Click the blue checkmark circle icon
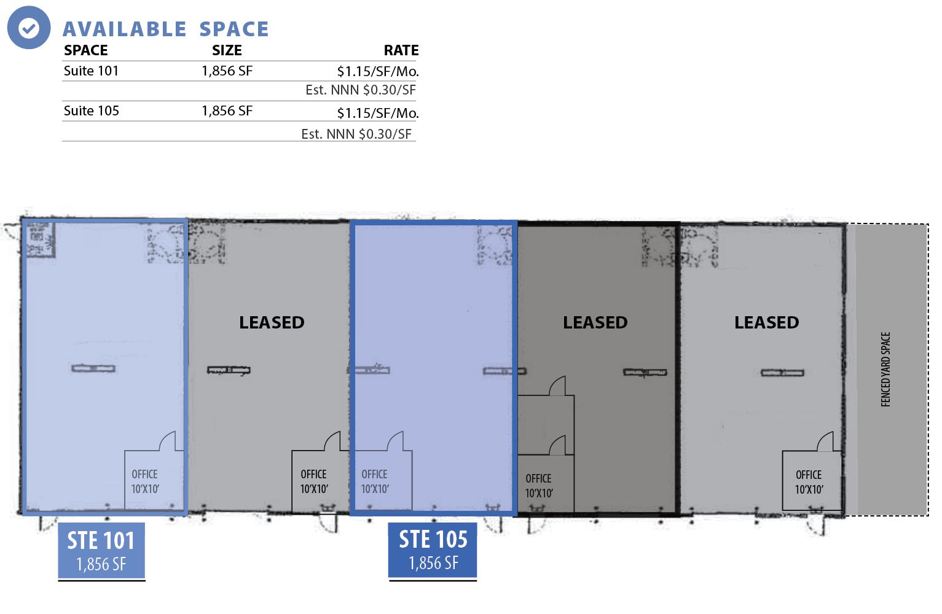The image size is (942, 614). click(x=29, y=28)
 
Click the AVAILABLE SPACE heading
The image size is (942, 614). click(x=166, y=29)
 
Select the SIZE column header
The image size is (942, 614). click(x=227, y=50)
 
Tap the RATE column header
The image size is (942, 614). click(x=401, y=50)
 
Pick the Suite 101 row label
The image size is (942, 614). click(x=91, y=71)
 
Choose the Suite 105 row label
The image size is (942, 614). click(x=92, y=111)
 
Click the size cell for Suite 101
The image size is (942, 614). click(x=227, y=71)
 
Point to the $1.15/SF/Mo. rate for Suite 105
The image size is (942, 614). click(x=378, y=112)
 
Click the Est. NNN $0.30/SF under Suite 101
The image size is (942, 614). click(x=361, y=90)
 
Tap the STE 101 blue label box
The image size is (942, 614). click(x=101, y=551)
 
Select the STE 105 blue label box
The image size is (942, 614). click(x=433, y=550)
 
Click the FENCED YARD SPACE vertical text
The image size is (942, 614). click(x=885, y=369)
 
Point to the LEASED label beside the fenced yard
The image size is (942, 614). click(x=767, y=322)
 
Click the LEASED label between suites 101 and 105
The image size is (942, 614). click(x=272, y=322)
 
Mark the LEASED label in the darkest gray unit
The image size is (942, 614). click(x=595, y=322)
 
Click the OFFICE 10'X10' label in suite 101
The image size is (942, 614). click(x=145, y=481)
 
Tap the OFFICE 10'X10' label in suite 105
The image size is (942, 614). click(x=375, y=481)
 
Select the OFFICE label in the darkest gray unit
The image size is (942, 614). click(x=539, y=486)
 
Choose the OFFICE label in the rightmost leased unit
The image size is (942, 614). click(x=809, y=482)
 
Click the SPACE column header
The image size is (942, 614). click(x=86, y=50)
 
